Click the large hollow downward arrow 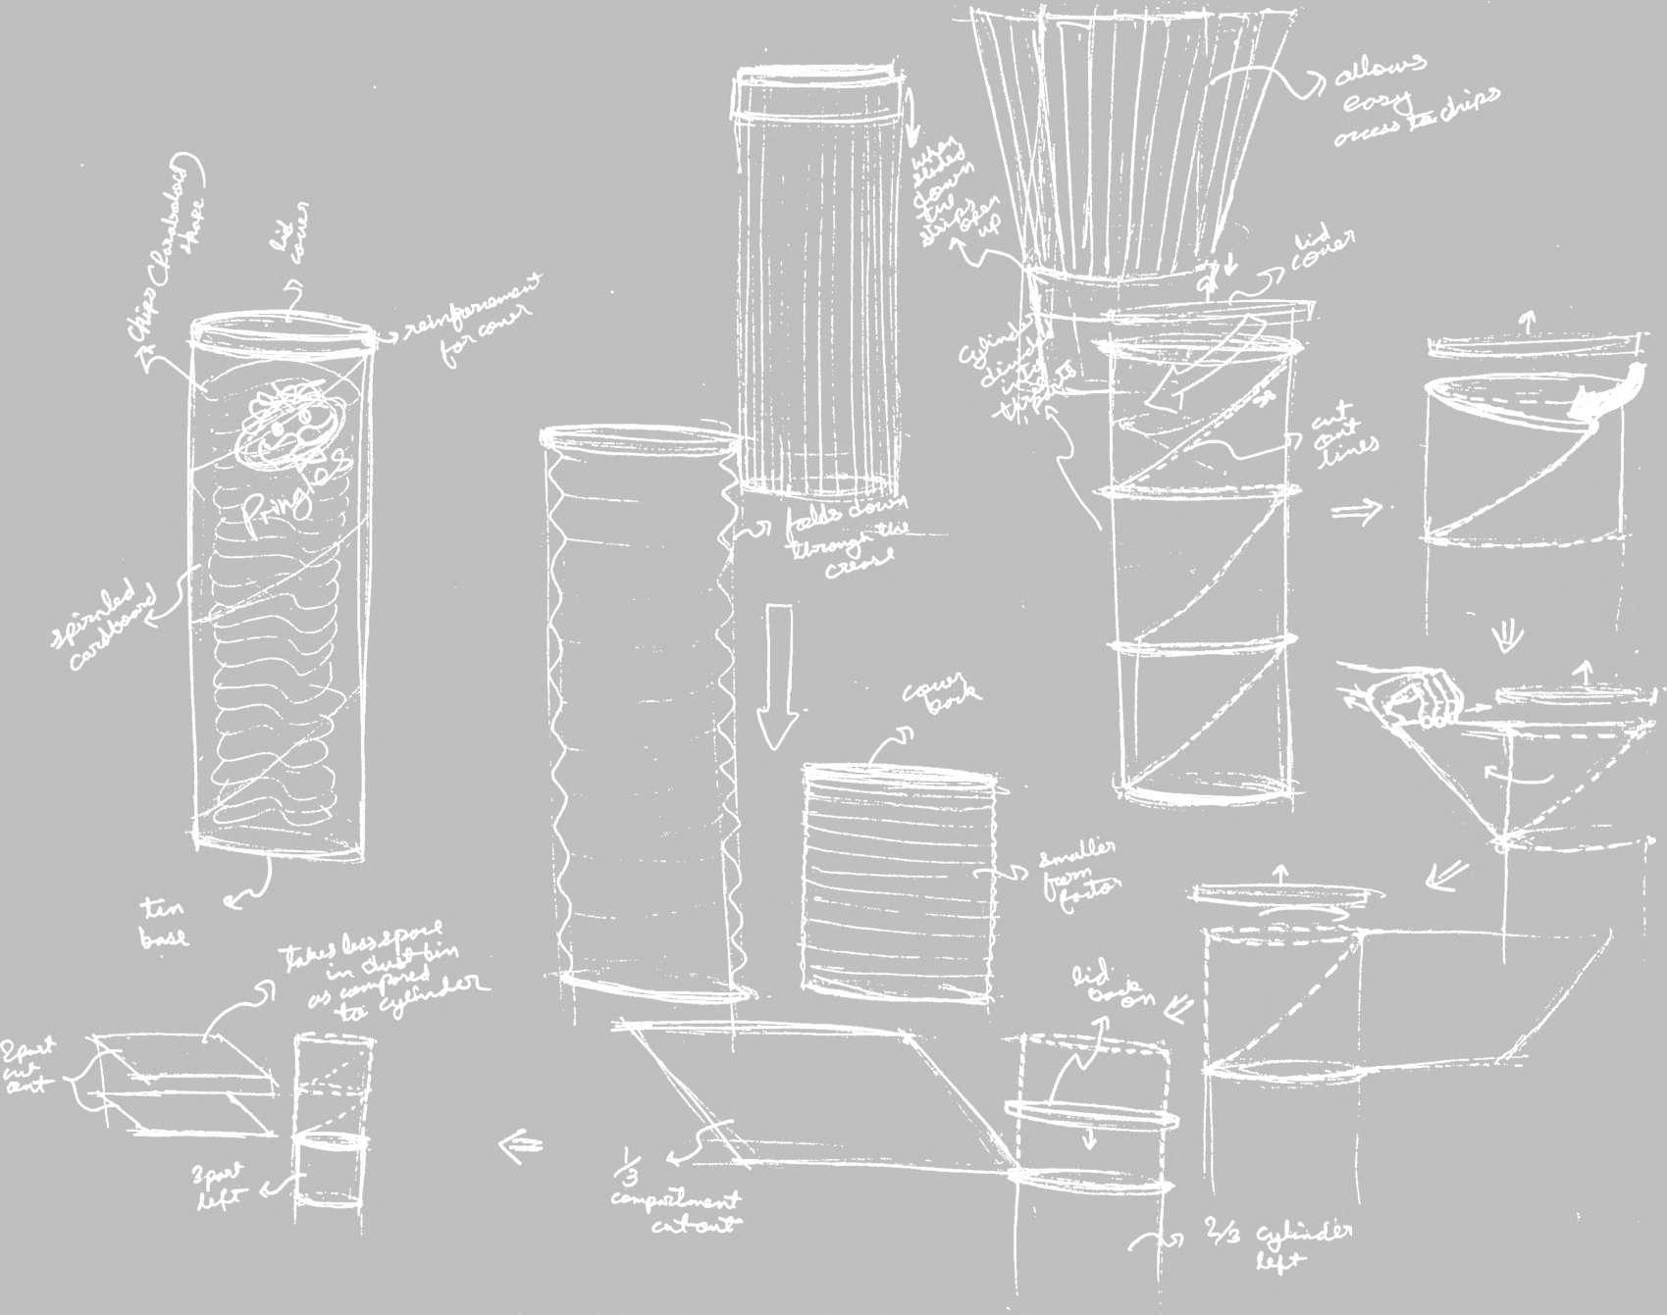(x=779, y=677)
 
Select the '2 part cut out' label (x=29, y=1069)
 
